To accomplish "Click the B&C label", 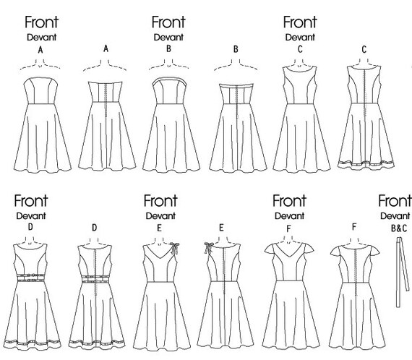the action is tap(399, 228).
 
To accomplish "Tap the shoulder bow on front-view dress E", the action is tap(174, 248).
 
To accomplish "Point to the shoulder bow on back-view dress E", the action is tap(209, 248).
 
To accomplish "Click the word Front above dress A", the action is tap(41, 22).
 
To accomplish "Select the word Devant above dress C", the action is tap(300, 38).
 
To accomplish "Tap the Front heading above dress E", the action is tap(160, 201).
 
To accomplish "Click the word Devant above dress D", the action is tap(31, 216).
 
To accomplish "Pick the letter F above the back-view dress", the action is tap(354, 227).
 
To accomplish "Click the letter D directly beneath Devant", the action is tap(30, 227).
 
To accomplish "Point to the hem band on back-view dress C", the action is tap(366, 163).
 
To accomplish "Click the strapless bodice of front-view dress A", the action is tap(40, 90).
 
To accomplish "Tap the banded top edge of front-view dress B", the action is tap(169, 80).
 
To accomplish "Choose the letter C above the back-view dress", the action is tap(364, 49).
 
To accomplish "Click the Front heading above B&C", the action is tap(395, 201).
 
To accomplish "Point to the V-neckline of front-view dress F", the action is tap(288, 252).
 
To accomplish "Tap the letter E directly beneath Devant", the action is tap(159, 228).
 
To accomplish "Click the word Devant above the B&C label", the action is tap(395, 216).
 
